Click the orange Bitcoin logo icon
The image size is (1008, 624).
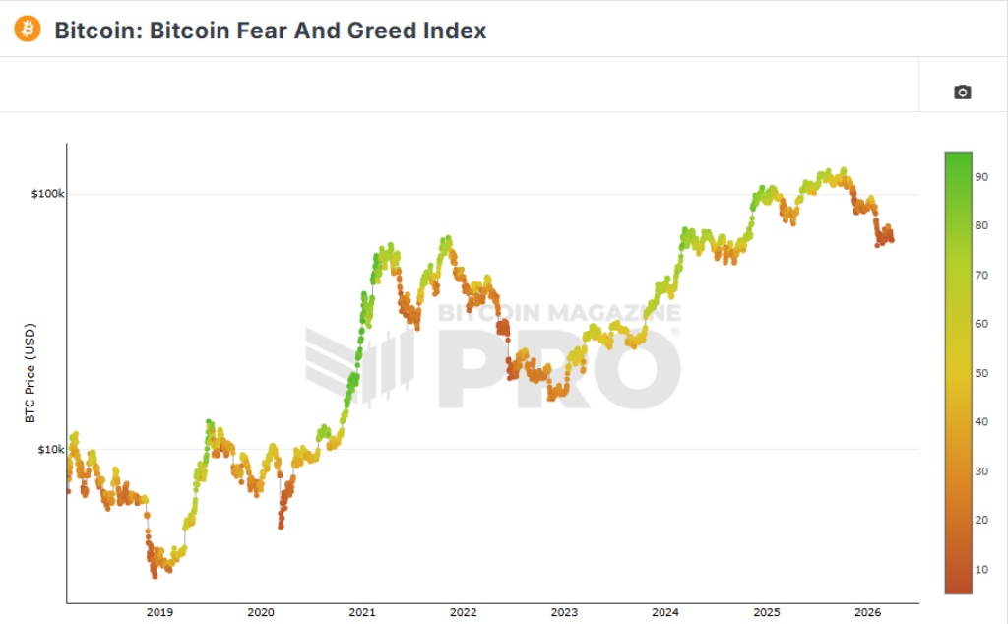pos(27,30)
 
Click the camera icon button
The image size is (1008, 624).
pos(962,92)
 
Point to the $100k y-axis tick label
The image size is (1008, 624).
pos(47,194)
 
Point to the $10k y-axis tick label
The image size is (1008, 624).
pos(50,450)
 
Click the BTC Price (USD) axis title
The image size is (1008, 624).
pos(30,373)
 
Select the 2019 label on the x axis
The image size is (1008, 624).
pos(159,612)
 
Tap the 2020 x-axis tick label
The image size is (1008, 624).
pos(261,612)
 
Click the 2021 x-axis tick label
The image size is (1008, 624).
pos(362,612)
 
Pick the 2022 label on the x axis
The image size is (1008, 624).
pos(464,612)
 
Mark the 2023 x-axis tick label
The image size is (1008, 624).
pos(564,612)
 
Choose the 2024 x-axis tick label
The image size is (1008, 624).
pos(665,612)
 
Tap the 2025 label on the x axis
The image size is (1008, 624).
pos(767,612)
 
